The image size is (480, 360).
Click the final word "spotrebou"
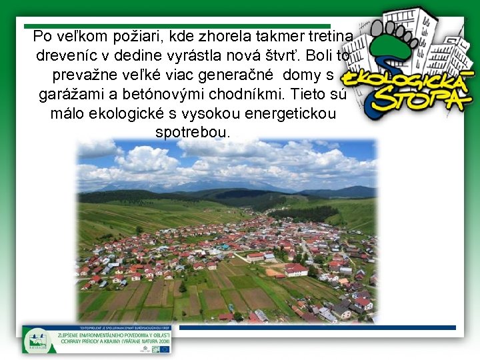[x=192, y=132]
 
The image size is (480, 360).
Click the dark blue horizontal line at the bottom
[x=317, y=327]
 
